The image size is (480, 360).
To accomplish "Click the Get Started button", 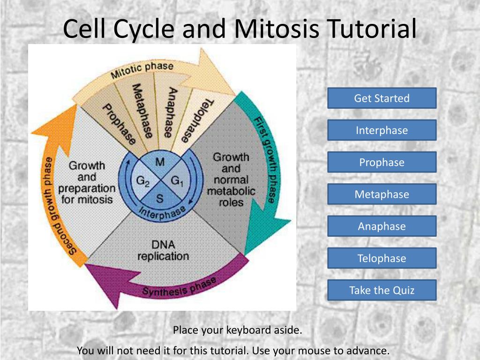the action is click(x=382, y=98).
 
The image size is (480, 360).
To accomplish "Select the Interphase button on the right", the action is click(x=382, y=130).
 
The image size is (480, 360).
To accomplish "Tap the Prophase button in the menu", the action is click(x=382, y=162).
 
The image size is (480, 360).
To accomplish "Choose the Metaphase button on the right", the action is click(x=382, y=194).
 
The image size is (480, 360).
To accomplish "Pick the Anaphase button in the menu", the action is click(x=382, y=226).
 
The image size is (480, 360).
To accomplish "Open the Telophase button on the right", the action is click(x=382, y=258).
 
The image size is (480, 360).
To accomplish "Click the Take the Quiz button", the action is click(x=382, y=290).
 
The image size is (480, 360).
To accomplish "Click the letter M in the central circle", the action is click(x=160, y=162).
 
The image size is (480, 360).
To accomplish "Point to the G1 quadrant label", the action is click(x=177, y=180).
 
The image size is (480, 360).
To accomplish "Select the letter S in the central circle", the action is click(x=160, y=199).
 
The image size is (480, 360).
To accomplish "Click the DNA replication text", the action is click(x=163, y=250).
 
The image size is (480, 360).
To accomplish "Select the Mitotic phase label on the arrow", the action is click(x=142, y=70).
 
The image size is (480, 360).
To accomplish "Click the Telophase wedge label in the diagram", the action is click(x=197, y=120).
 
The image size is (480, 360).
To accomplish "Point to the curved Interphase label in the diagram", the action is click(x=162, y=212).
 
